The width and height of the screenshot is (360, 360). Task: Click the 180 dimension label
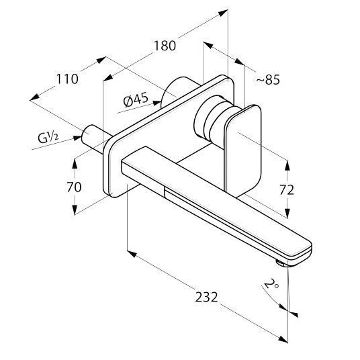(x=165, y=46)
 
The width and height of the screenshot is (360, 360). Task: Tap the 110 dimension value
(x=67, y=79)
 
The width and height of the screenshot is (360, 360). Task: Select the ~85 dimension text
(x=268, y=80)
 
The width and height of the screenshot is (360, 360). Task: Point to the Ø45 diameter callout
(x=136, y=100)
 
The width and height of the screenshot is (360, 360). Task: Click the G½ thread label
(x=48, y=138)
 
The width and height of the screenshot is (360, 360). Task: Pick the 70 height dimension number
(x=74, y=187)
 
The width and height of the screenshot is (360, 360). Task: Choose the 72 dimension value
(x=287, y=190)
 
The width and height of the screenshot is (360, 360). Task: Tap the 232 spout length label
(x=206, y=297)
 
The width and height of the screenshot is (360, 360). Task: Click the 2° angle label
(x=271, y=284)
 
